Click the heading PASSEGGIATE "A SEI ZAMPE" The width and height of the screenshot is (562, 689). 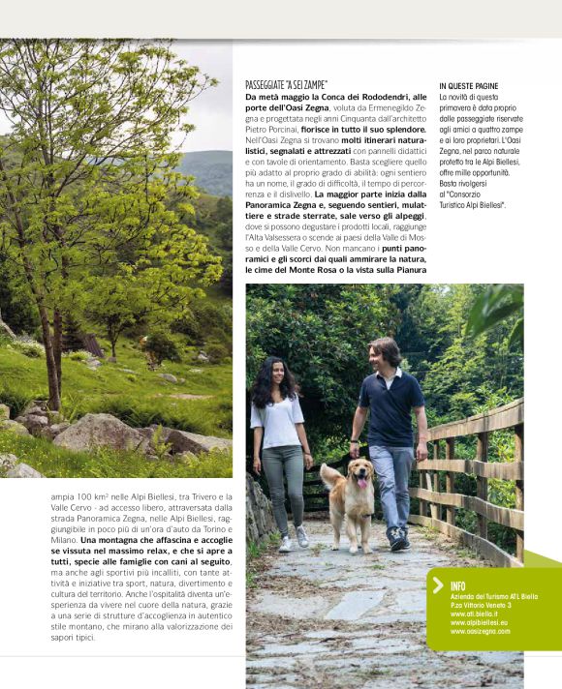click(286, 85)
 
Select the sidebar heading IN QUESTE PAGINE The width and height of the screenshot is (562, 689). click(471, 85)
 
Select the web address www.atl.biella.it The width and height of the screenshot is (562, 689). click(474, 614)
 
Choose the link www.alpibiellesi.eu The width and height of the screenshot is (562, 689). click(479, 622)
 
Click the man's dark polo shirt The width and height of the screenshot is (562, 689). click(391, 406)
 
